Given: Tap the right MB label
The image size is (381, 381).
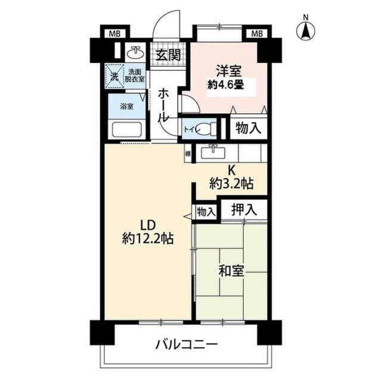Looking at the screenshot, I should pyautogui.click(x=256, y=33).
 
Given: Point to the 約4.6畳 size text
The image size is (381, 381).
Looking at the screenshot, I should pyautogui.click(x=225, y=85).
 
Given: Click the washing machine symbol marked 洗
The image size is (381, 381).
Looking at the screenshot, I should pyautogui.click(x=114, y=75).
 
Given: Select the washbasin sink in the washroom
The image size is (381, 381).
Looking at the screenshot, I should pyautogui.click(x=135, y=52).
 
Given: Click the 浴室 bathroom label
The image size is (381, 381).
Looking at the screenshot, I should pyautogui.click(x=126, y=107).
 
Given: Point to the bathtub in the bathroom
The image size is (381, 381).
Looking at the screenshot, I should pyautogui.click(x=125, y=129).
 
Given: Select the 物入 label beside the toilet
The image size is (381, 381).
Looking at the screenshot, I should pyautogui.click(x=247, y=128).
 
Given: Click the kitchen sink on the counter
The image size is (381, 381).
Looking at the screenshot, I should pyautogui.click(x=212, y=153).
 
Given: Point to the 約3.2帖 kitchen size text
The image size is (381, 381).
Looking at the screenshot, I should pyautogui.click(x=231, y=184).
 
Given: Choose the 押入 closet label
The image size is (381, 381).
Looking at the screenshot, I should pyautogui.click(x=244, y=209).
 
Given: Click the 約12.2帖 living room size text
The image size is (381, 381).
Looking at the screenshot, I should pyautogui.click(x=147, y=239).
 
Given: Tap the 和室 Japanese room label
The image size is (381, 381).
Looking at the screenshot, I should pyautogui.click(x=230, y=271).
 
